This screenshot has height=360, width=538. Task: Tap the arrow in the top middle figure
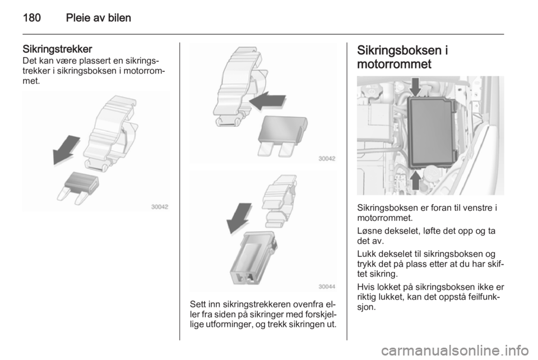tap(266, 102)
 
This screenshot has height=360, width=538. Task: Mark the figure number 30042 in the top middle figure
tap(327, 159)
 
